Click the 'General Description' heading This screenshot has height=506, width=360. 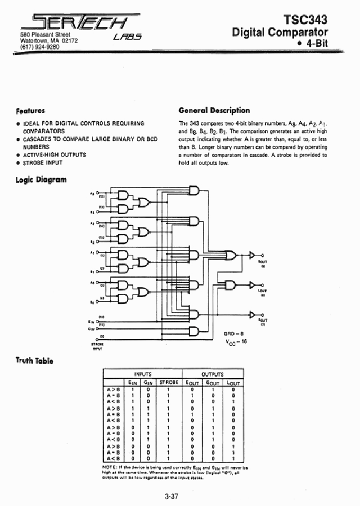click(x=214, y=110)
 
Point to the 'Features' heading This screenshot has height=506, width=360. click(x=30, y=111)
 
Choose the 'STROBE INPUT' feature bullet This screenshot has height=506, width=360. click(x=42, y=163)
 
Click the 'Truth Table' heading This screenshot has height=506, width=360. click(x=34, y=360)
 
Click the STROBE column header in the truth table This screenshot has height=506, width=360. click(x=168, y=382)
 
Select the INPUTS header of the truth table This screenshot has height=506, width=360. click(x=142, y=374)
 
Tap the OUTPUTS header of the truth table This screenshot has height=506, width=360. click(x=212, y=374)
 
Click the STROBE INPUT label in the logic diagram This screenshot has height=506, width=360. click(x=97, y=346)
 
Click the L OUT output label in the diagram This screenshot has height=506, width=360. click(x=263, y=290)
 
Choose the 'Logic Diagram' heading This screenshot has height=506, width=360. click(x=41, y=179)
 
